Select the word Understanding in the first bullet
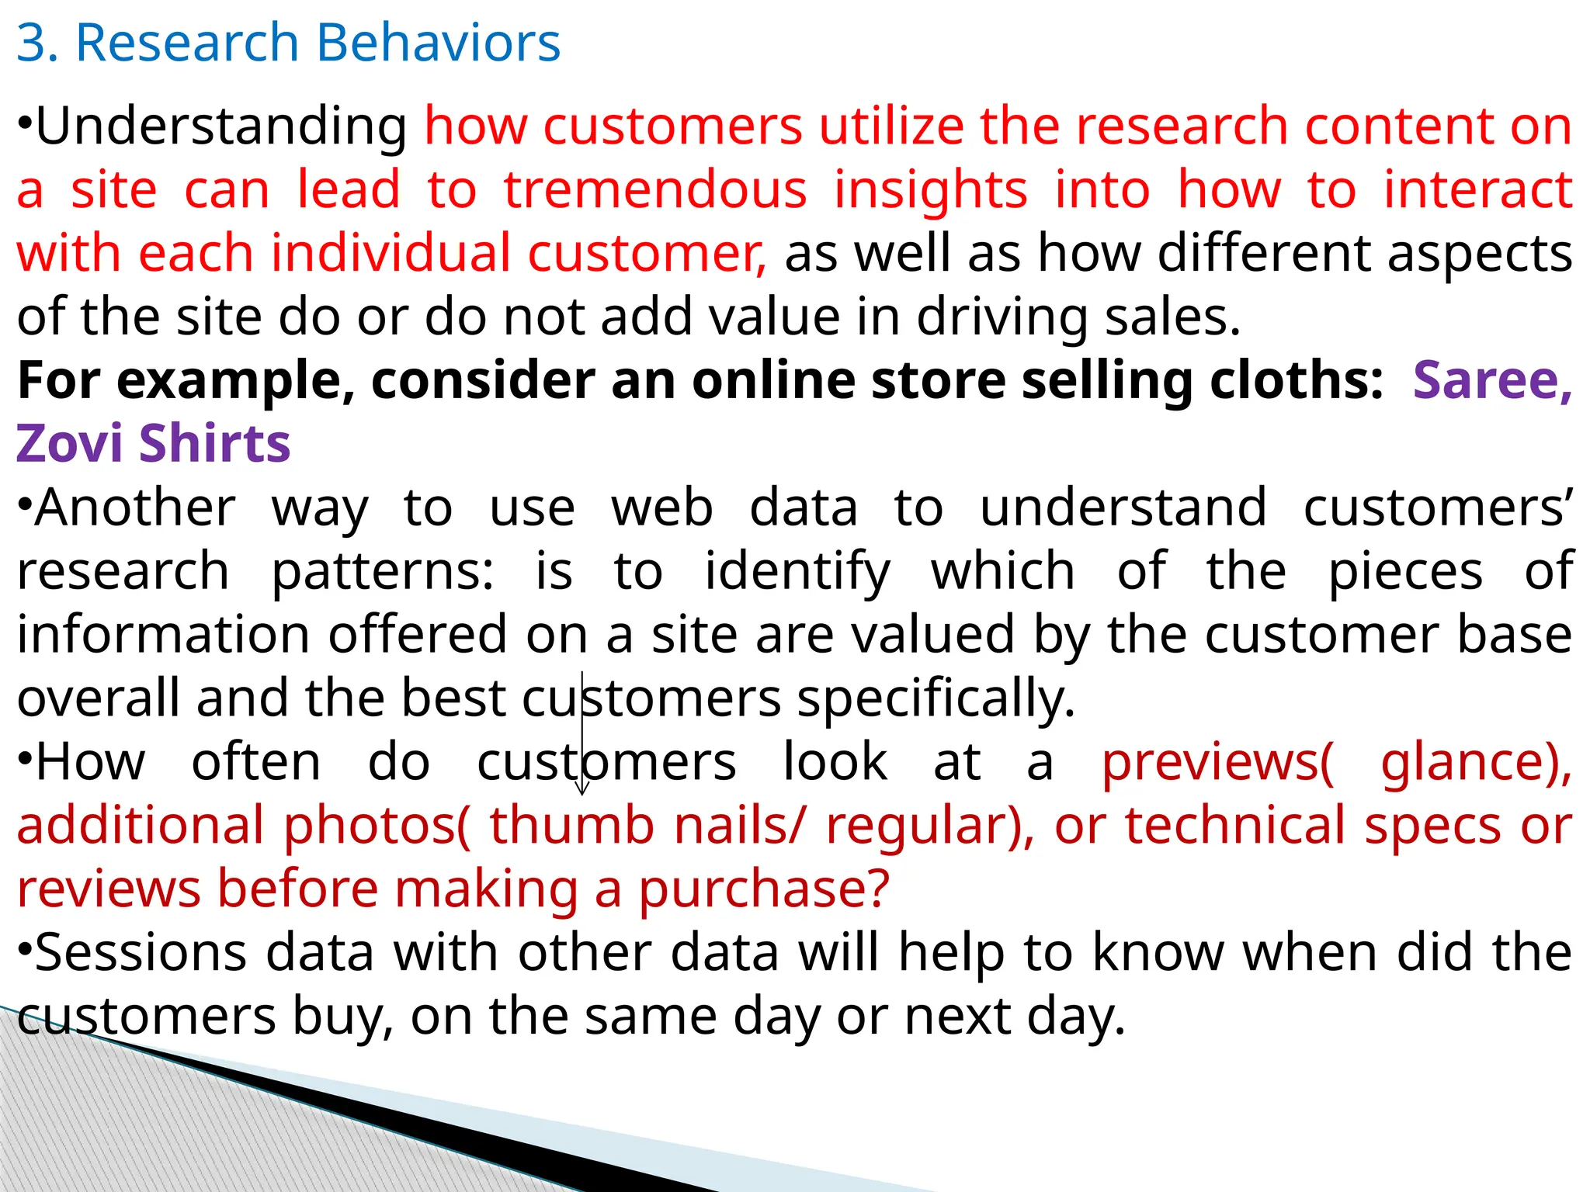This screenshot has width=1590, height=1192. tap(221, 127)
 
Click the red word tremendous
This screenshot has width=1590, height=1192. tap(655, 190)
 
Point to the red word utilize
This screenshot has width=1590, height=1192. tap(891, 126)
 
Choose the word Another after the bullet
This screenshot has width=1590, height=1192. tap(135, 508)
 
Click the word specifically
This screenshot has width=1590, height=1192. tap(936, 699)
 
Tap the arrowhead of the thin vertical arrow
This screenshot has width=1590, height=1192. tap(582, 791)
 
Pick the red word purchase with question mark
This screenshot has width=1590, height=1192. tap(764, 889)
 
